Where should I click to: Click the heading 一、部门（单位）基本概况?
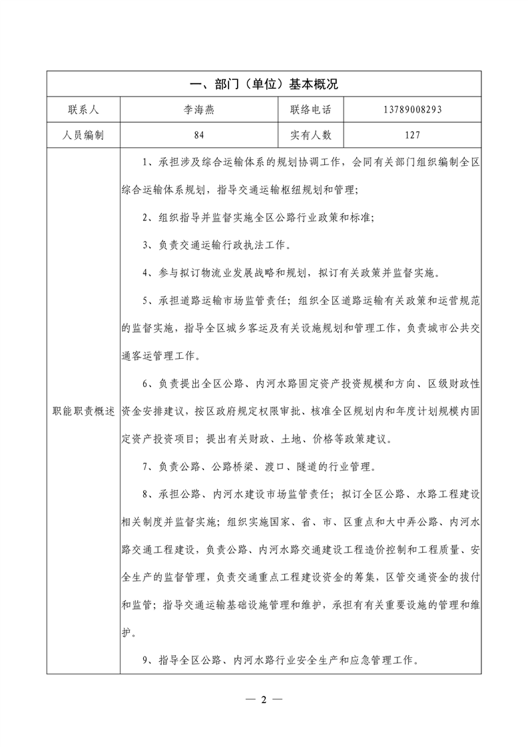(x=264, y=84)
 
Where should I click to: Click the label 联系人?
(x=83, y=110)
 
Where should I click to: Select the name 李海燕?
(x=199, y=110)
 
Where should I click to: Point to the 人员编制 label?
(x=83, y=135)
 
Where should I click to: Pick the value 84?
(x=199, y=135)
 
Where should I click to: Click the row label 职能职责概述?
(x=83, y=411)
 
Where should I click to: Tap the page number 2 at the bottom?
(x=264, y=699)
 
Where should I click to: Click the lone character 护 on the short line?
(x=127, y=633)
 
